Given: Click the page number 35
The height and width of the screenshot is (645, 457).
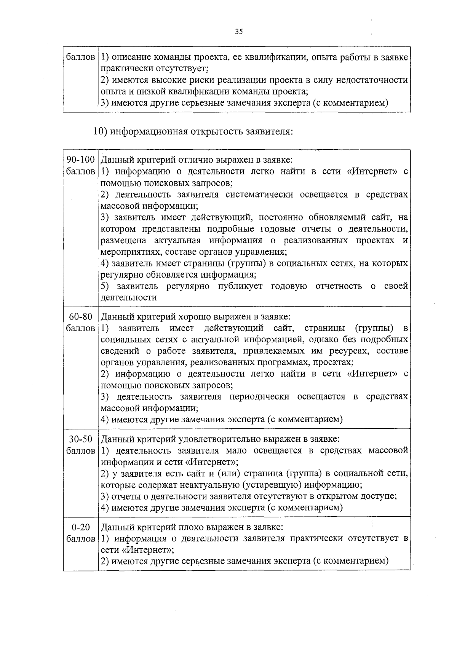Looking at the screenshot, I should (x=239, y=32).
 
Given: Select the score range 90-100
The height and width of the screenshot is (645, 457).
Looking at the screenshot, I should (x=80, y=160).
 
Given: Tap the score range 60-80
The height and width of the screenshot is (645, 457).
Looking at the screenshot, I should (x=80, y=317).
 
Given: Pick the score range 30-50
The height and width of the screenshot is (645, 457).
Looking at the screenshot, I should (x=80, y=439).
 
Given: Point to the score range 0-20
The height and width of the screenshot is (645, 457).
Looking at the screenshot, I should (x=80, y=527).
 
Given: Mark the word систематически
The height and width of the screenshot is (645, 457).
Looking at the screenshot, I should (x=259, y=195).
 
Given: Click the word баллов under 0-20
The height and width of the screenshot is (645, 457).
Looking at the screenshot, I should (x=80, y=539).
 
